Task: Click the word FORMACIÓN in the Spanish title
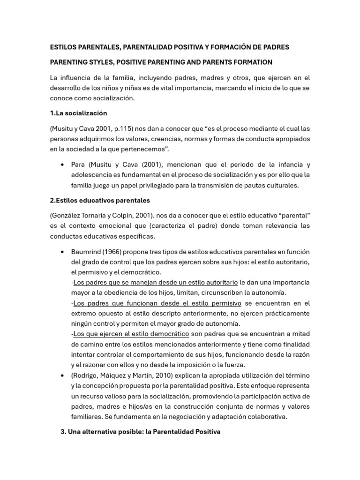pyautogui.click(x=233, y=47)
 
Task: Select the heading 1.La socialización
pyautogui.click(x=78, y=113)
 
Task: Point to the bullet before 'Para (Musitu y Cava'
pyautogui.click(x=63, y=165)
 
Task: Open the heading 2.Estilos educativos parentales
pyautogui.click(x=100, y=200)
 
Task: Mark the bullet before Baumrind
pyautogui.click(x=63, y=252)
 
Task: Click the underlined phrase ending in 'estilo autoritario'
pyautogui.click(x=156, y=283)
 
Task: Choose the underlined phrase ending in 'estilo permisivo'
pyautogui.click(x=157, y=303)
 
